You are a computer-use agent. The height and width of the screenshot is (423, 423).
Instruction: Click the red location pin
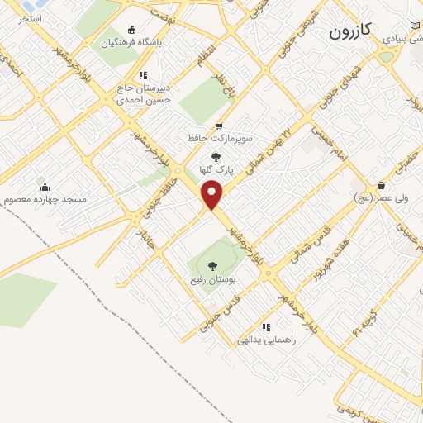pos(212,194)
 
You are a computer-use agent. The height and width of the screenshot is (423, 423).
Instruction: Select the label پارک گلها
pos(218,169)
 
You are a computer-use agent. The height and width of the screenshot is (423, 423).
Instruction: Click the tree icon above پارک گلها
pos(216,157)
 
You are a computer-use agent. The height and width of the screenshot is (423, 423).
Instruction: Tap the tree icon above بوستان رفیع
pos(213,266)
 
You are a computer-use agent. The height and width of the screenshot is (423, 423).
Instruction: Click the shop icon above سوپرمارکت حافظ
pos(219,126)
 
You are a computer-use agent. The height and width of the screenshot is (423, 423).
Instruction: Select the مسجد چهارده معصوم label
pos(44,199)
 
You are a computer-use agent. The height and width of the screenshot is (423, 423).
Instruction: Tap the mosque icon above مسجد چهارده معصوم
pos(44,186)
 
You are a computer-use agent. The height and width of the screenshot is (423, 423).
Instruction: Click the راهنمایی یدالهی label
pos(267,340)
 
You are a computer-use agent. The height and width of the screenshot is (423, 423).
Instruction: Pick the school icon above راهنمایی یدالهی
pos(265,327)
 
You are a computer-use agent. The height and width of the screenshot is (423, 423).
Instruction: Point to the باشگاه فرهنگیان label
pos(133,40)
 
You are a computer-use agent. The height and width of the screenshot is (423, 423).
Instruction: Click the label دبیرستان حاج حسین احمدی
pos(140,93)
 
